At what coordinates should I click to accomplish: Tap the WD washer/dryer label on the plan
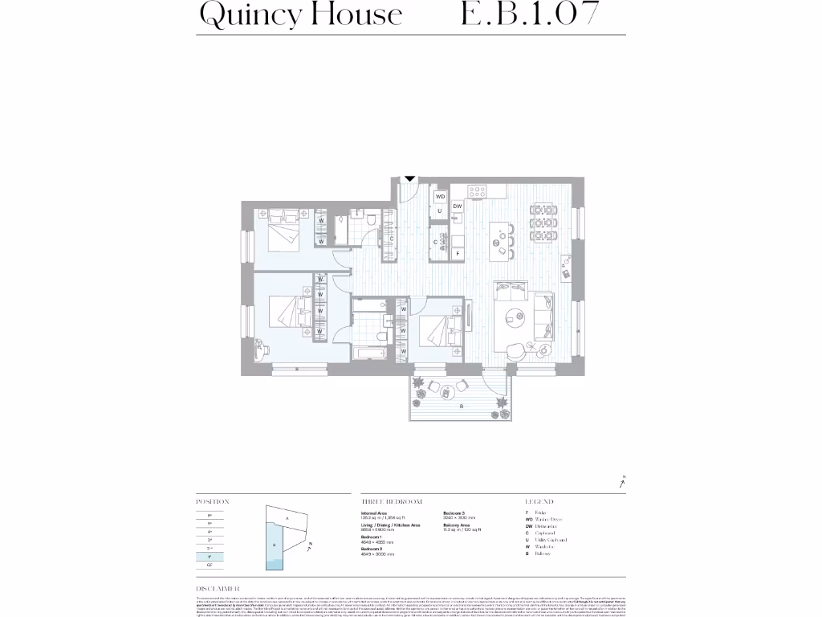pyautogui.click(x=440, y=196)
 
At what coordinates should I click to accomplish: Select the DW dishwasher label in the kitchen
pyautogui.click(x=457, y=206)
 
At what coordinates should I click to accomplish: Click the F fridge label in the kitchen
pyautogui.click(x=458, y=253)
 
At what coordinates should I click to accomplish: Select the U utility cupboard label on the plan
pyautogui.click(x=440, y=210)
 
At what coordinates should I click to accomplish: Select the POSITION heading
pyautogui.click(x=213, y=501)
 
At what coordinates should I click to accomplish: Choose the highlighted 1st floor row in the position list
pyautogui.click(x=210, y=556)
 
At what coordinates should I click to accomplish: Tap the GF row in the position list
pyautogui.click(x=210, y=565)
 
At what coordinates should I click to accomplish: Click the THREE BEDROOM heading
pyautogui.click(x=392, y=501)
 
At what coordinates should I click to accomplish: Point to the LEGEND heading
pyautogui.click(x=539, y=501)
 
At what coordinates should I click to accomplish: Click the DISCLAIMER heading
pyautogui.click(x=218, y=589)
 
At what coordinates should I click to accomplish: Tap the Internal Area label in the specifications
pyautogui.click(x=374, y=513)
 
